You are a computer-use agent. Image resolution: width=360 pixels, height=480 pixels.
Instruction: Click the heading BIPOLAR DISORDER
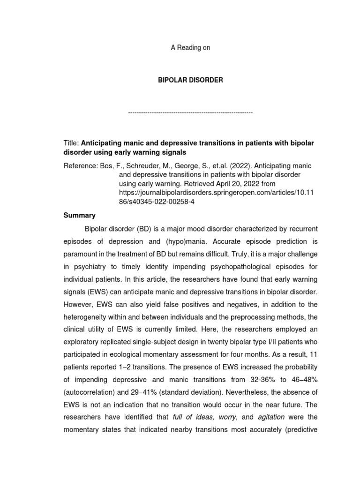tap(190, 80)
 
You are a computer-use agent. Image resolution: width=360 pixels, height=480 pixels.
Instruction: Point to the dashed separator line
tap(190, 113)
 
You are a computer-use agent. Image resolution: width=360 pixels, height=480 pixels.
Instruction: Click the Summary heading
tap(79, 215)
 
